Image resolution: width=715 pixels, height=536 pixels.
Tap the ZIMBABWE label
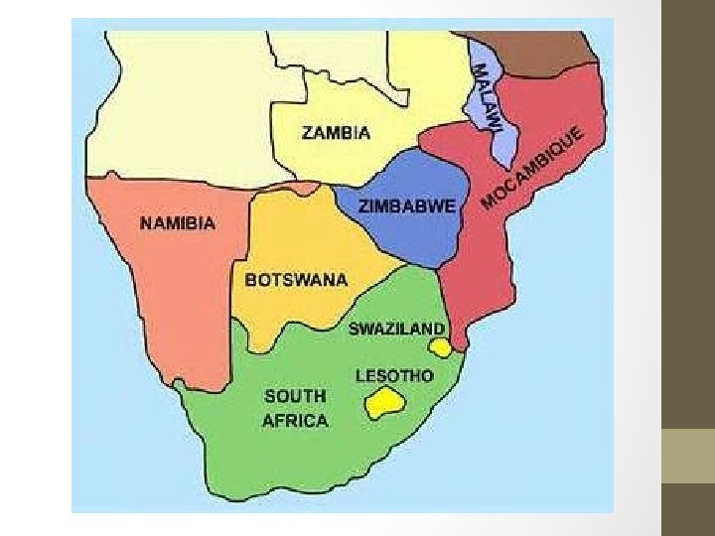pos(407,206)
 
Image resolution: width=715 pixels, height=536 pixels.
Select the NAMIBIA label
pos(176,223)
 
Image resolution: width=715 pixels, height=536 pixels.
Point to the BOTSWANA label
pos(297,280)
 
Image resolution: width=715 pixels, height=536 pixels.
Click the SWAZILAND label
pos(396,329)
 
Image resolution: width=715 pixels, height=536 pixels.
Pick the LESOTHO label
pos(394,376)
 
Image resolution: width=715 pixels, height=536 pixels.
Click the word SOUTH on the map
pos(295,397)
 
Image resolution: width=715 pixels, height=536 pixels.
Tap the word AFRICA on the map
pos(295,421)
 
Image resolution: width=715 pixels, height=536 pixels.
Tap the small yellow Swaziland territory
pos(440,347)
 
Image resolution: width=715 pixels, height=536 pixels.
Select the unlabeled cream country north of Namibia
pos(189,109)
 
